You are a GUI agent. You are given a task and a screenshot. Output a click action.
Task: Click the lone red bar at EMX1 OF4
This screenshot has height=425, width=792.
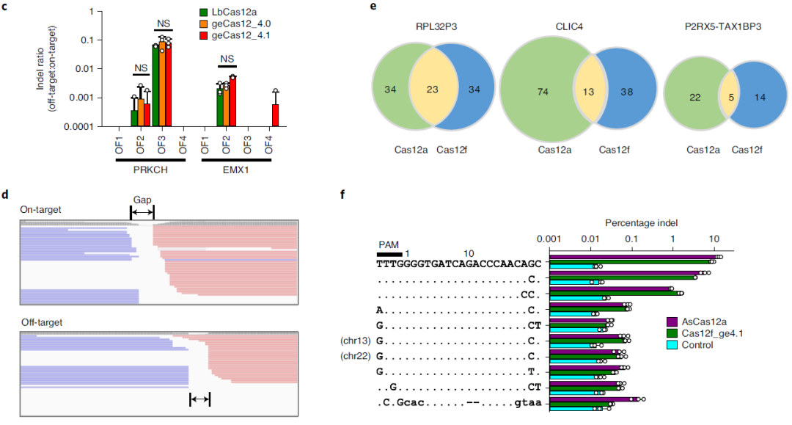pyautogui.click(x=275, y=115)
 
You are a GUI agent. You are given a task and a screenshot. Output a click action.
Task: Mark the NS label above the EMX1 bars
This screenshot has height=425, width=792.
pyautogui.click(x=227, y=59)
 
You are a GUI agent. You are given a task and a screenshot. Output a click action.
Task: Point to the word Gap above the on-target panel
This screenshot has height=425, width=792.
pyautogui.click(x=142, y=199)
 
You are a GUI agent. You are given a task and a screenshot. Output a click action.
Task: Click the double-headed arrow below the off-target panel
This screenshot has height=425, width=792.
pyautogui.click(x=199, y=399)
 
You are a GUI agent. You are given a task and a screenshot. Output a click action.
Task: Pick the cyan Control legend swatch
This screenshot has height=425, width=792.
pyautogui.click(x=670, y=345)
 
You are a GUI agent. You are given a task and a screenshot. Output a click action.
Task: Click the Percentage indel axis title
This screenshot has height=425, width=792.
pyautogui.click(x=640, y=222)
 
